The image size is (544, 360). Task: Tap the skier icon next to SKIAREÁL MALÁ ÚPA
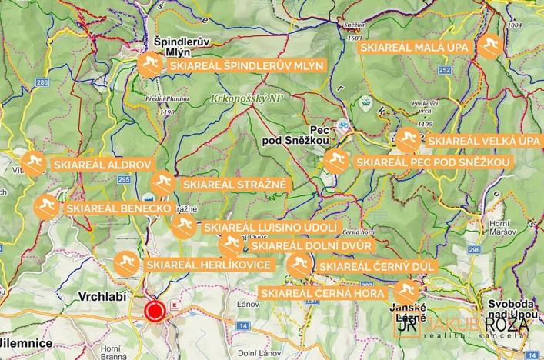[489, 47]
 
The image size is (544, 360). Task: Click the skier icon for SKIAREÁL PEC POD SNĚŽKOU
[334, 162]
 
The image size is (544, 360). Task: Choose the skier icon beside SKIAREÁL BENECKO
[45, 207]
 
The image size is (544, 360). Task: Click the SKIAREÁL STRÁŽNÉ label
[234, 185]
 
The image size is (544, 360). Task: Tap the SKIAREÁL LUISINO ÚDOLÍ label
[269, 227]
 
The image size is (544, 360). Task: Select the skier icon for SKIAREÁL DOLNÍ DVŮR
[229, 245]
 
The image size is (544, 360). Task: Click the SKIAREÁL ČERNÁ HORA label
[325, 293]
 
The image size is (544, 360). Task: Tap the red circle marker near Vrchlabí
[155, 311]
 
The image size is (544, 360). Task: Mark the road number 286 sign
[42, 82]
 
